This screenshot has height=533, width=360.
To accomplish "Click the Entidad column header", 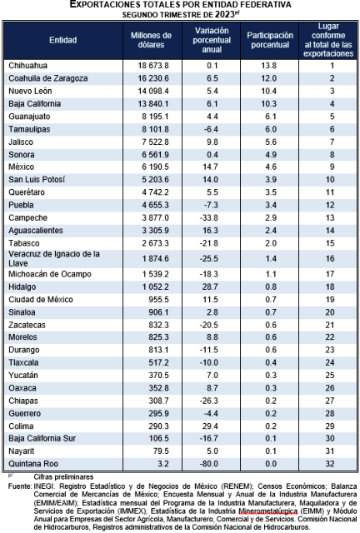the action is pyautogui.click(x=63, y=40).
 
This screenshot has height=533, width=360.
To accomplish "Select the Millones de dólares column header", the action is pyautogui.click(x=151, y=40).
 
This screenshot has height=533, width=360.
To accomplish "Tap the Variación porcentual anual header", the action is pyautogui.click(x=212, y=40).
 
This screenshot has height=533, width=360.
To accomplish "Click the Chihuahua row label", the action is pyautogui.click(x=27, y=66).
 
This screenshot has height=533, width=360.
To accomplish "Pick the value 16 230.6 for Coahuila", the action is pyautogui.click(x=153, y=78).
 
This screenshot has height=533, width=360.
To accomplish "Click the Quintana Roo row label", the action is pyautogui.click(x=33, y=464).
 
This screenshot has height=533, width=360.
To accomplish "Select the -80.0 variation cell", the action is pyautogui.click(x=209, y=464).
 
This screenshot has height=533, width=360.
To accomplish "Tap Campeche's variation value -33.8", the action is pyautogui.click(x=209, y=218).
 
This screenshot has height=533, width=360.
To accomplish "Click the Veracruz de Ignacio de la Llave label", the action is pyautogui.click(x=54, y=259).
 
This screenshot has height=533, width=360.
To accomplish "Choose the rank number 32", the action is pyautogui.click(x=330, y=464).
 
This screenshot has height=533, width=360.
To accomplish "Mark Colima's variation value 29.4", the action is pyautogui.click(x=210, y=426).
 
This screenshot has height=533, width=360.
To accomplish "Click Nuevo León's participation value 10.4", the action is pyautogui.click(x=269, y=91).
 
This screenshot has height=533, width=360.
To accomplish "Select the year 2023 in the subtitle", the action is pyautogui.click(x=224, y=14).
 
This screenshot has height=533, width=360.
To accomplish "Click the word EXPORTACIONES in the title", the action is pyautogui.click(x=104, y=4).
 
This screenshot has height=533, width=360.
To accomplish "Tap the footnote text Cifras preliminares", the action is pyautogui.click(x=63, y=477).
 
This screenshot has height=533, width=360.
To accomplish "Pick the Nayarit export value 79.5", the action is pyautogui.click(x=161, y=451).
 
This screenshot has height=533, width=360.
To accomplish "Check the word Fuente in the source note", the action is pyautogui.click(x=20, y=486).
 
